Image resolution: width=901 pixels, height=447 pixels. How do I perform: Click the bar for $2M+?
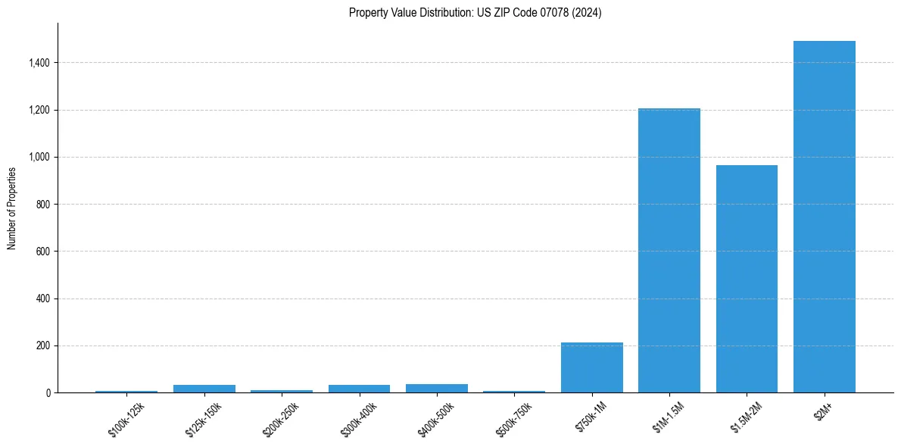pos(824,217)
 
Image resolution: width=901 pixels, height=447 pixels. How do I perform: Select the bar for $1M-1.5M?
pos(669,250)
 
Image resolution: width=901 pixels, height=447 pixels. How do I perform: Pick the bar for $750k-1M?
pos(591,367)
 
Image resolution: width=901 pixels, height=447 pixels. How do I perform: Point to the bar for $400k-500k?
pos(436,388)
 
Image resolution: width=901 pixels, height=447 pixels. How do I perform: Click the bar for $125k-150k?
pos(204,389)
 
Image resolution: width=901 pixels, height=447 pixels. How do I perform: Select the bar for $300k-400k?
pos(359,389)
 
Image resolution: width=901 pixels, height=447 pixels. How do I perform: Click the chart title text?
pos(475,13)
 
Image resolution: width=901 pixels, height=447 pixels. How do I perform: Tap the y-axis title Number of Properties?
pos(12,208)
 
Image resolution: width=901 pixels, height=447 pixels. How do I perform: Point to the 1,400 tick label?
pos(39,63)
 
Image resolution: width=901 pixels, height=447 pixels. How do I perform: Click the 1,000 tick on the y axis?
pos(39,158)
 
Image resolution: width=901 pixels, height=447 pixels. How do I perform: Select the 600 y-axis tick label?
pos(43,252)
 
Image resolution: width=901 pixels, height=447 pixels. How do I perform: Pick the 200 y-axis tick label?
pos(43,346)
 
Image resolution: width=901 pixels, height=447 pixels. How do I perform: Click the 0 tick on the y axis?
pos(48,393)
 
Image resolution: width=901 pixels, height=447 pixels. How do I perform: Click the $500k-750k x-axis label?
pos(514,417)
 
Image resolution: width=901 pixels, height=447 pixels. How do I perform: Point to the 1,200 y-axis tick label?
pos(39,111)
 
